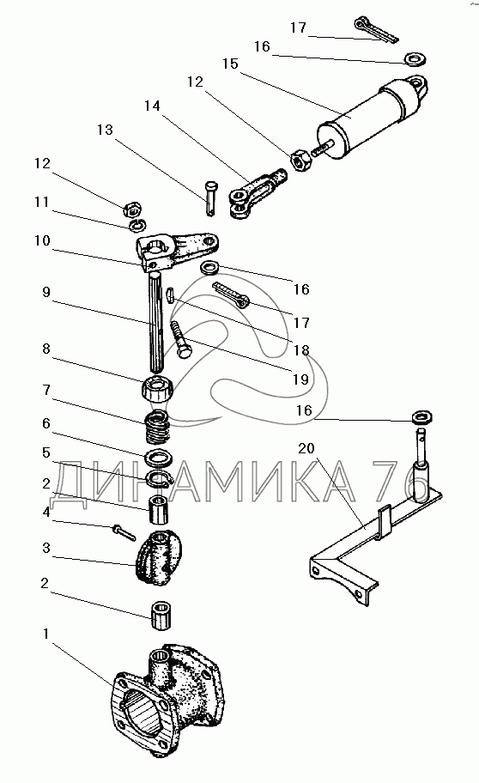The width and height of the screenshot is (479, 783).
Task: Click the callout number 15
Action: click(x=230, y=64)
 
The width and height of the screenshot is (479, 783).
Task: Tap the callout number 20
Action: click(x=306, y=448)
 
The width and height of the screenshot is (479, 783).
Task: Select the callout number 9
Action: click(x=46, y=292)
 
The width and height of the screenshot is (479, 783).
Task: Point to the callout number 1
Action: click(x=46, y=634)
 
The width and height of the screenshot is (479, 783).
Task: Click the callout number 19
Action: click(x=300, y=379)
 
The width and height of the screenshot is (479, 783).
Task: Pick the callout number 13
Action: click(x=105, y=130)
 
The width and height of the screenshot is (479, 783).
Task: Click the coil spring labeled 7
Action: click(x=157, y=426)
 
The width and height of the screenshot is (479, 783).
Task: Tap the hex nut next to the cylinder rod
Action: click(x=300, y=160)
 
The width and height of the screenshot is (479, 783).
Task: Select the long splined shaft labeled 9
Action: click(x=157, y=322)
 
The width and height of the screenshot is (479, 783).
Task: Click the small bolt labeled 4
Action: click(x=124, y=532)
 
